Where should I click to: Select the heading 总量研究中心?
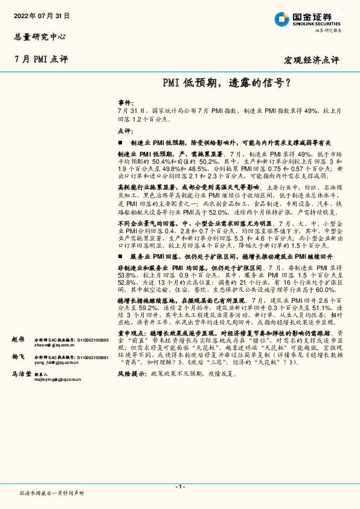pos(37,36)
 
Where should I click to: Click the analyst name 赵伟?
pos(18,340)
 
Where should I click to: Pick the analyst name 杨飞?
pos(18,357)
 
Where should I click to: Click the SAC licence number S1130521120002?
pos(92,340)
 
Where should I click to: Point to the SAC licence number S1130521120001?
pos(92,357)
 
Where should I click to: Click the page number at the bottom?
pos(180,487)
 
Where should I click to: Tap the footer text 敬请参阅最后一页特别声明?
pos(51,493)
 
